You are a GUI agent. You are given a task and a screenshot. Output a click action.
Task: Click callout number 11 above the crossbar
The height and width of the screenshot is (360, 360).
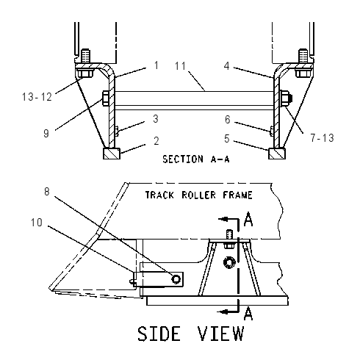(181, 66)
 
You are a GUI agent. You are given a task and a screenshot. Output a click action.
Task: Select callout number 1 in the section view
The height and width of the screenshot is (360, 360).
(156, 65)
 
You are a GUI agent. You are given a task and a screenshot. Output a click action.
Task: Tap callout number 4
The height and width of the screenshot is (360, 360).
(227, 66)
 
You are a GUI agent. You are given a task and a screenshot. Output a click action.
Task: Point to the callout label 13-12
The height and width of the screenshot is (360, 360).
(37, 97)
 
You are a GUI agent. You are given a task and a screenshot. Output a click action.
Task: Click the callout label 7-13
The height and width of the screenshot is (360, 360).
(322, 138)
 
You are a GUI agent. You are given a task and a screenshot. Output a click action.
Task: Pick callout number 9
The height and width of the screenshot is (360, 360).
(46, 134)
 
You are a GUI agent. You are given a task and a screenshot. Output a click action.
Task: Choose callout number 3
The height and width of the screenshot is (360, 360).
(156, 119)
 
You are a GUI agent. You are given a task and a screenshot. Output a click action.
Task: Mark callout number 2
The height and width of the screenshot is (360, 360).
(156, 141)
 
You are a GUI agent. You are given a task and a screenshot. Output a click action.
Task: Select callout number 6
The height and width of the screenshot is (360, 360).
(228, 120)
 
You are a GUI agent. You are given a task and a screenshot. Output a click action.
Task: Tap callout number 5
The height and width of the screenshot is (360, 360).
(227, 139)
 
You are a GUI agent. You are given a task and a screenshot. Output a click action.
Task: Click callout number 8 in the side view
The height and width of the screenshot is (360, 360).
(47, 192)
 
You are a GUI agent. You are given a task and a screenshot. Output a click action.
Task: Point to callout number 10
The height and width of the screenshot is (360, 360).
(37, 223)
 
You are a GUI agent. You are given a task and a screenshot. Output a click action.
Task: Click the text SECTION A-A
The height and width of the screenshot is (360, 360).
(196, 159)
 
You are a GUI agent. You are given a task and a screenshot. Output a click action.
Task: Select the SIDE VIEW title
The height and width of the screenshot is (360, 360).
(190, 334)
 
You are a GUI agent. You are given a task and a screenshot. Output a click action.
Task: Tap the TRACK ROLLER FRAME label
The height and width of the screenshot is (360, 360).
(198, 195)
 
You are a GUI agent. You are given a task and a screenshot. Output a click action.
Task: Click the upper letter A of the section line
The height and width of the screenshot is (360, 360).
(248, 219)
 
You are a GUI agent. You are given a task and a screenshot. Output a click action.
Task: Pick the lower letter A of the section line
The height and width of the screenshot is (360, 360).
(248, 313)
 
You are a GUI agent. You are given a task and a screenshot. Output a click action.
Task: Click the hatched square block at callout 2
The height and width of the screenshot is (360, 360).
(112, 154)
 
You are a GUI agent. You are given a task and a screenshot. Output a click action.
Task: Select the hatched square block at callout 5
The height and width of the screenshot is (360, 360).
(277, 154)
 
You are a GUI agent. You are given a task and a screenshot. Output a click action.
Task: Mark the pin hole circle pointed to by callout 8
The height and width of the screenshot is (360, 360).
(176, 279)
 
